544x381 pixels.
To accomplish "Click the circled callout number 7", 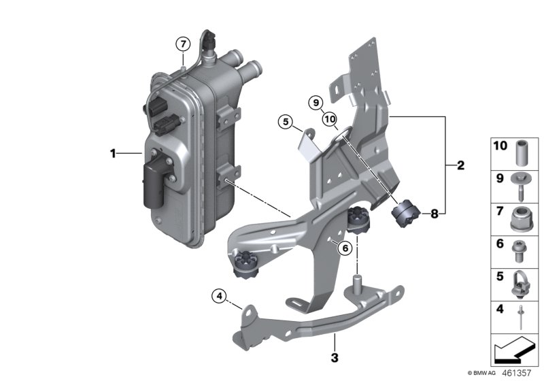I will click(182, 44).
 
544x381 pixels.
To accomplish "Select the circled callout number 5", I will click(286, 122).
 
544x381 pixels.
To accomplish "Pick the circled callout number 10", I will click(330, 120).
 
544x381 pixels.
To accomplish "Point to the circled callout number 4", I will click(219, 296).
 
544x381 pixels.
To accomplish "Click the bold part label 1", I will click(114, 154).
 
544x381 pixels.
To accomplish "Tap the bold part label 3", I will click(334, 355).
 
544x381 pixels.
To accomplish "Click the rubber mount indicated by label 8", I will click(405, 213).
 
